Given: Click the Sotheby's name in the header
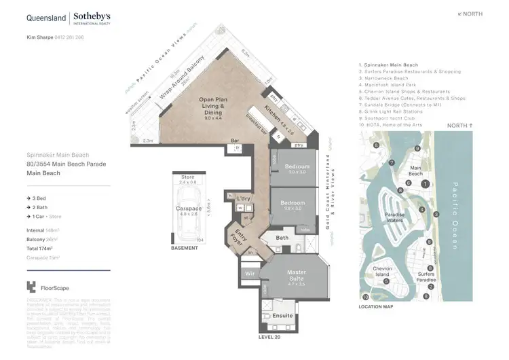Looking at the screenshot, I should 92,16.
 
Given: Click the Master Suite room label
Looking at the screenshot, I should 297,275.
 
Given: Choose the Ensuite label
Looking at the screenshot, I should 282,315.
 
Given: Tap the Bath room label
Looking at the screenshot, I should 283,238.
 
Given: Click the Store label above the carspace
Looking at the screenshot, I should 187,177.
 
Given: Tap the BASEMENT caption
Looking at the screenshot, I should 185,248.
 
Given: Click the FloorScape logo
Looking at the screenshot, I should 50,287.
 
